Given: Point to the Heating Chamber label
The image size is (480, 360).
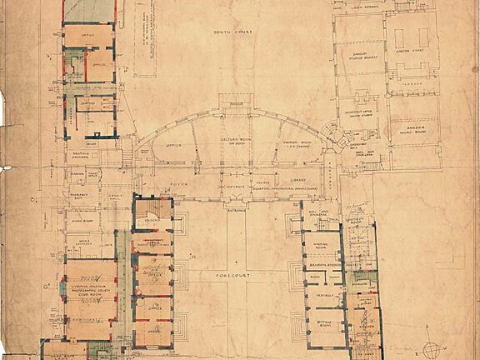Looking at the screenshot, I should (x=80, y=155).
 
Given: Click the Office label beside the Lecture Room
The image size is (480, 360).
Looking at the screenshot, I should (x=174, y=145).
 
